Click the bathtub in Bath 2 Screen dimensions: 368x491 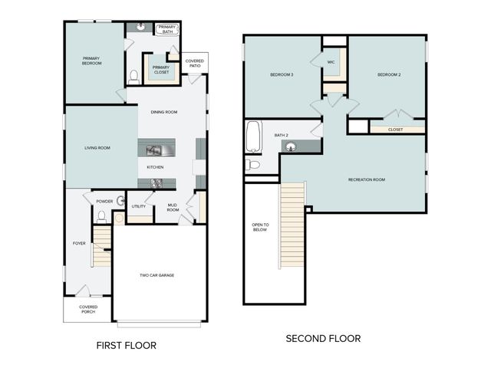click(253, 137)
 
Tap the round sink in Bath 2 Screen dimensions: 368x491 click(291, 147)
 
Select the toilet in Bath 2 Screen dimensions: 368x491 click(252, 164)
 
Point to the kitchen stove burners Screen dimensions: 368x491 click(157, 182)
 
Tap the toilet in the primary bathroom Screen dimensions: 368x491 click(133, 76)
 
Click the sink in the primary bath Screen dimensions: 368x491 click(141, 28)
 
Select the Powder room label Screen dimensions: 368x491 click(104, 202)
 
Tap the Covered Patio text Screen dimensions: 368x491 click(195, 64)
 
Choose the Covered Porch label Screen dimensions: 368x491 click(88, 309)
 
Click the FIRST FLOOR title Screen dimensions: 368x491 click(126, 346)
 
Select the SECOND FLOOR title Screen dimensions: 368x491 click(323, 338)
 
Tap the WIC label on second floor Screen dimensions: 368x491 click(331, 62)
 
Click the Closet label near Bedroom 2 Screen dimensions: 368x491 click(395, 130)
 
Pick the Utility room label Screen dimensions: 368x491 click(138, 206)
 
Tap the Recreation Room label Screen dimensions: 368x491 click(366, 179)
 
